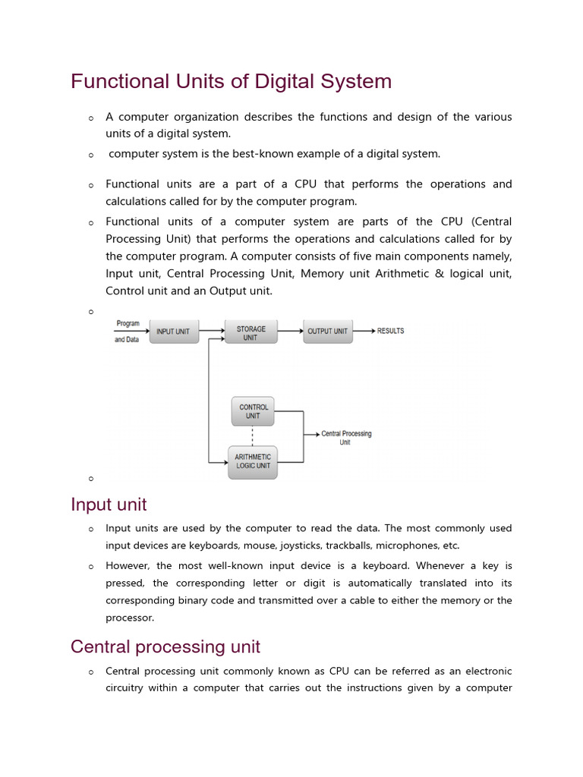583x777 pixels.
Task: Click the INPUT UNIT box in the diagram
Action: (174, 332)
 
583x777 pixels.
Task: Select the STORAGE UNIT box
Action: (251, 333)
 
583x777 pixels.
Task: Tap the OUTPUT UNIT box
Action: (328, 332)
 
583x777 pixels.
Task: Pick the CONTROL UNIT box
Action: (253, 411)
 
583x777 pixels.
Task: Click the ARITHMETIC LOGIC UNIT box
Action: (253, 461)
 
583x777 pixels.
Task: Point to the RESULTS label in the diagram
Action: (390, 331)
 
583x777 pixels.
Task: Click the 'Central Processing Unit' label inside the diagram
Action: (346, 438)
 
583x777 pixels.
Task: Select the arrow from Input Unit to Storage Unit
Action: (212, 331)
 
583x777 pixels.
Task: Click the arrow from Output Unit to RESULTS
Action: (364, 331)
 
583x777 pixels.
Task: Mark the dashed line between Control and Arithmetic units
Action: (253, 436)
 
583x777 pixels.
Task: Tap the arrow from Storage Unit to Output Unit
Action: (290, 331)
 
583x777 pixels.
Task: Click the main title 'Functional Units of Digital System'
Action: (231, 81)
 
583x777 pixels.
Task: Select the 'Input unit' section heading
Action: (109, 505)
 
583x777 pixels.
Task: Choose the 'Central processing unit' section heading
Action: (165, 646)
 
